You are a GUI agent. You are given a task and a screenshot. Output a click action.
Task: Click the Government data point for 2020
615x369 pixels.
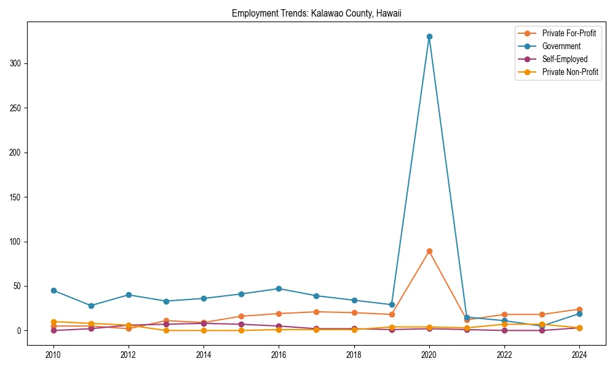pyautogui.click(x=429, y=36)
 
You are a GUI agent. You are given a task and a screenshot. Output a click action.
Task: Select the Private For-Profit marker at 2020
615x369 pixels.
pyautogui.click(x=429, y=251)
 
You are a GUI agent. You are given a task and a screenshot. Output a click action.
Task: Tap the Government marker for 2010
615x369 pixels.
pyautogui.click(x=54, y=290)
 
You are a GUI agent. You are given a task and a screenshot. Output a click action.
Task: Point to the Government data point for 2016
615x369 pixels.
pyautogui.click(x=279, y=288)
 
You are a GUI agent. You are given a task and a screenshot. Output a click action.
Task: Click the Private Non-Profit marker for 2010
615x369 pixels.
pyautogui.click(x=54, y=322)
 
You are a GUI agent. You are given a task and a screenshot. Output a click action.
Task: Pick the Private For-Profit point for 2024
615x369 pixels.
pyautogui.click(x=579, y=309)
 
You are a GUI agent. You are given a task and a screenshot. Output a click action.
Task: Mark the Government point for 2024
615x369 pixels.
pyautogui.click(x=579, y=314)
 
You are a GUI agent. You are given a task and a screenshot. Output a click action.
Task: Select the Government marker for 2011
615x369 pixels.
pyautogui.click(x=91, y=306)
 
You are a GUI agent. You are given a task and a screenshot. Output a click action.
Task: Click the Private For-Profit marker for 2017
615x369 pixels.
pyautogui.click(x=316, y=312)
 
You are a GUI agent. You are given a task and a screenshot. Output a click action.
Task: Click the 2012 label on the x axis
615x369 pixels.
pyautogui.click(x=129, y=355)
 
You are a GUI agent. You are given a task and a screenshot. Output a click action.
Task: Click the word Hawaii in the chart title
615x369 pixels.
pyautogui.click(x=389, y=13)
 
